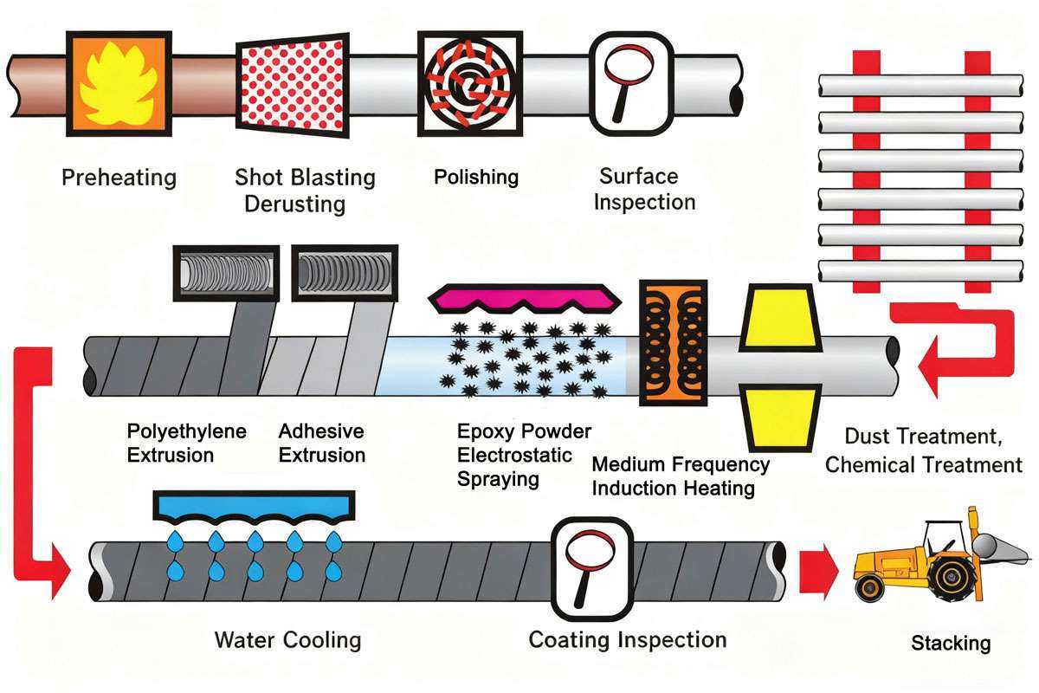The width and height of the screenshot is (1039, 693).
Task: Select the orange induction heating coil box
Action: tap(674, 342)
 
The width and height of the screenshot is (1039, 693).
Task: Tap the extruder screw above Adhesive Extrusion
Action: tap(342, 275)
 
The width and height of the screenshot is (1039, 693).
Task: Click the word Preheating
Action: tap(119, 178)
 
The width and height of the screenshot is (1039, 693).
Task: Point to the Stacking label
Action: tap(950, 644)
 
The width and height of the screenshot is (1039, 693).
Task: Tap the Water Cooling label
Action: tap(287, 641)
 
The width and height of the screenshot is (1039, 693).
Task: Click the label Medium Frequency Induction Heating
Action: tap(681, 476)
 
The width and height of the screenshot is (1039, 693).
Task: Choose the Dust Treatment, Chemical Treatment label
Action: tap(924, 451)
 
